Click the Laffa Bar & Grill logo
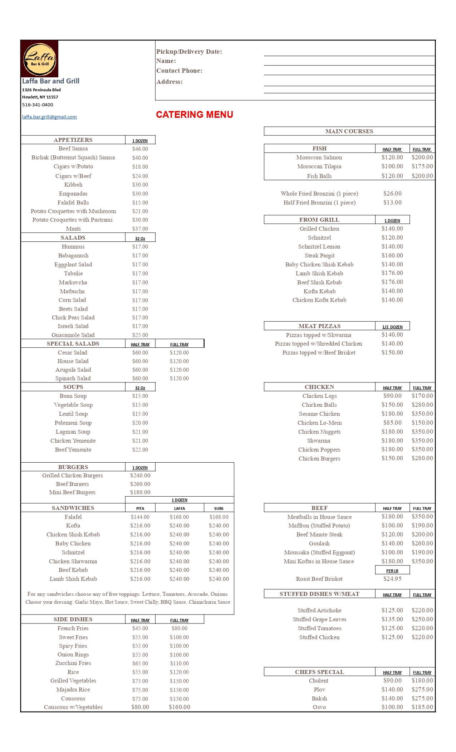click(39, 59)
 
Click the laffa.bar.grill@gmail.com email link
click(49, 117)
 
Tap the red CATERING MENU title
click(195, 115)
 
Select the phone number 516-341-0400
click(38, 105)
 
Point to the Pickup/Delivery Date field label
click(189, 52)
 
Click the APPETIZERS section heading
click(73, 140)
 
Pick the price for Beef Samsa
click(140, 149)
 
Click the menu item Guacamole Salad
click(73, 335)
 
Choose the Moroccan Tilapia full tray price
click(422, 167)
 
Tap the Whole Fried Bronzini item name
click(319, 194)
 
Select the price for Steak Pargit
click(392, 256)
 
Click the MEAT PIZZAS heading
click(319, 326)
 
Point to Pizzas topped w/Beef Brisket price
click(392, 353)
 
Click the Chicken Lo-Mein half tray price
click(392, 423)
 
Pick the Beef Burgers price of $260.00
click(140, 484)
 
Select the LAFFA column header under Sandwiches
click(180, 508)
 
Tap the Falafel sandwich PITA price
click(140, 517)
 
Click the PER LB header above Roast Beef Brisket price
click(392, 571)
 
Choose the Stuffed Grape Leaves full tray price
click(422, 620)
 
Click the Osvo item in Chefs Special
click(319, 707)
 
